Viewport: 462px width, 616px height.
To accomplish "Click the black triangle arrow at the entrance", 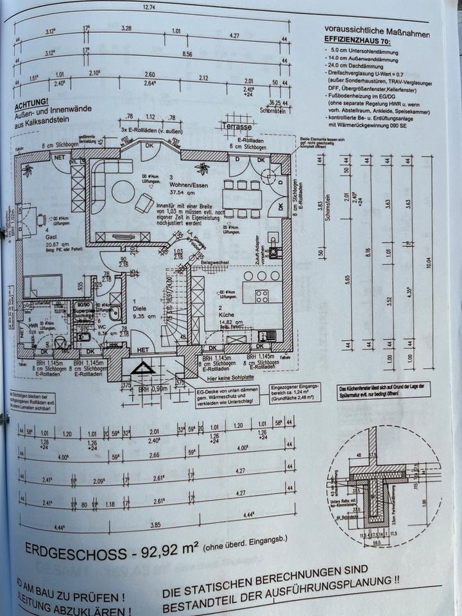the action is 141,370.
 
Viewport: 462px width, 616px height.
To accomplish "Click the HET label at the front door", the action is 142,350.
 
